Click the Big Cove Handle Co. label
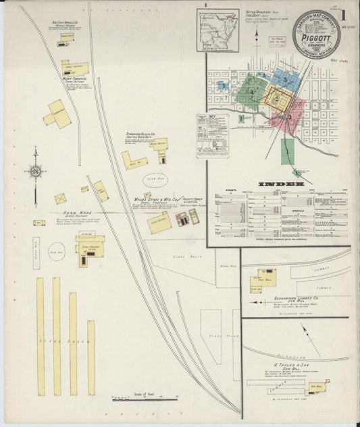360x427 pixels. (x=66, y=24)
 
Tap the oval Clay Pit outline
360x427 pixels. (x=156, y=180)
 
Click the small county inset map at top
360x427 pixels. (x=218, y=30)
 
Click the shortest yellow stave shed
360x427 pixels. (x=91, y=357)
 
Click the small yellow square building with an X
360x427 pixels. (x=60, y=199)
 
